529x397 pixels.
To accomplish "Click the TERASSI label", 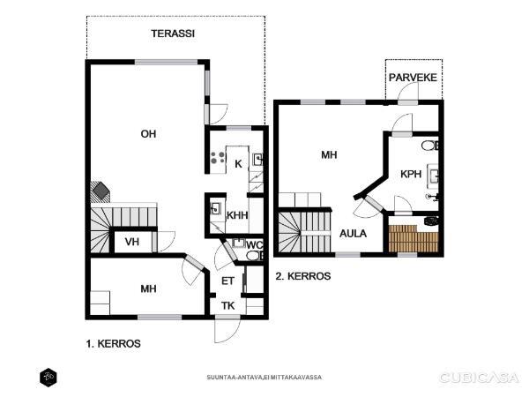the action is [x=173, y=34].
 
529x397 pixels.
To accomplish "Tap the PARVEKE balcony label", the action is [x=413, y=78].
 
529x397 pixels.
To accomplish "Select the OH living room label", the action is [x=148, y=134].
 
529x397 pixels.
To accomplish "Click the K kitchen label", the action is [x=238, y=164].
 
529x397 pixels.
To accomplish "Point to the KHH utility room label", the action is [x=237, y=215].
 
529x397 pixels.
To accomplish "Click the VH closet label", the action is [x=132, y=242].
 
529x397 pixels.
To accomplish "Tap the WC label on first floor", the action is [x=254, y=245].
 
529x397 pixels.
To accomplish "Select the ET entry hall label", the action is [x=227, y=281].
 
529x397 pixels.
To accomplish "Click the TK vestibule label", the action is [x=228, y=306].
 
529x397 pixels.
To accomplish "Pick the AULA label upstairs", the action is [x=353, y=234].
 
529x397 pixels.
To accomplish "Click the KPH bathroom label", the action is [x=411, y=174].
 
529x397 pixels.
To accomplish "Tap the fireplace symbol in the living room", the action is [x=101, y=191].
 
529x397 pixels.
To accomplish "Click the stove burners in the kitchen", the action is [x=218, y=158].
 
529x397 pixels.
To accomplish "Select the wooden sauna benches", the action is [x=414, y=238].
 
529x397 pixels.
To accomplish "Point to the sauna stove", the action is [x=431, y=221].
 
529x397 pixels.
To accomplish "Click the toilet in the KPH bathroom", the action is [x=430, y=146].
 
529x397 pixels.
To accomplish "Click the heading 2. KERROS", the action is [x=303, y=276].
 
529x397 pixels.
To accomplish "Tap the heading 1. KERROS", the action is [x=114, y=344].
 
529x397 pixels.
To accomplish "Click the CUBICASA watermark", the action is [x=479, y=378].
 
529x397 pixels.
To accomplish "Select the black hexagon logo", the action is [x=48, y=377].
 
